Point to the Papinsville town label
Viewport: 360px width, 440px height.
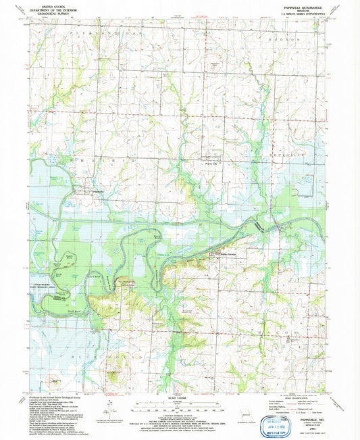(95, 191)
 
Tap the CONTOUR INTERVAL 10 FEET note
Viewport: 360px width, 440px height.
(177, 415)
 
